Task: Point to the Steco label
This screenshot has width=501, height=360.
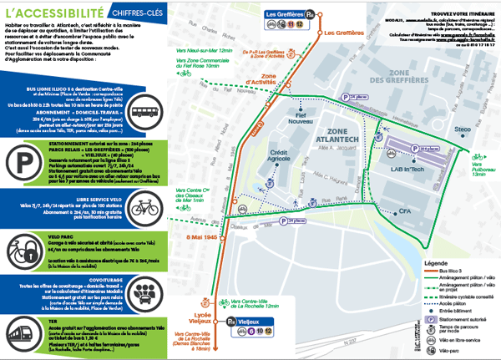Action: [463, 130]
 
